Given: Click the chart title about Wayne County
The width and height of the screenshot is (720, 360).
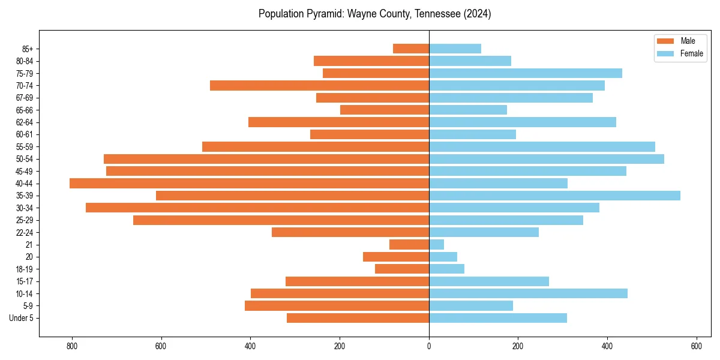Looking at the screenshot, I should pyautogui.click(x=374, y=14).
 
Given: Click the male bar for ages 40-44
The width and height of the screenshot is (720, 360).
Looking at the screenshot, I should pyautogui.click(x=249, y=184).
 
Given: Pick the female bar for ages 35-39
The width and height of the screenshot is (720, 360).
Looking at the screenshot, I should pyautogui.click(x=554, y=196).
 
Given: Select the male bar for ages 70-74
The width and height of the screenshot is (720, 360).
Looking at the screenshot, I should pyautogui.click(x=319, y=86).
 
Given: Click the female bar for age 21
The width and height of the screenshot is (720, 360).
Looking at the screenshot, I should pyautogui.click(x=436, y=245).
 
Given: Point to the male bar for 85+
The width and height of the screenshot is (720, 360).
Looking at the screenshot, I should pyautogui.click(x=411, y=49).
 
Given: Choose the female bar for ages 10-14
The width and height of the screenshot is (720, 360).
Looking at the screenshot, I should pyautogui.click(x=528, y=293).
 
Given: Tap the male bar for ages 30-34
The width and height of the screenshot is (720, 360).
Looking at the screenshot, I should pyautogui.click(x=257, y=208).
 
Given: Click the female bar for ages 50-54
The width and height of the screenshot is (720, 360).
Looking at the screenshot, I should pyautogui.click(x=547, y=159).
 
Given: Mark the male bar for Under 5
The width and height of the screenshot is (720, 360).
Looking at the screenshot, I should pyautogui.click(x=358, y=318).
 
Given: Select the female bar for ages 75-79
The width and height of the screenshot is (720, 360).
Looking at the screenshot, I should pyautogui.click(x=526, y=73).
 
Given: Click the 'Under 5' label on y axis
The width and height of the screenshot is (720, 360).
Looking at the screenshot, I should pyautogui.click(x=21, y=318).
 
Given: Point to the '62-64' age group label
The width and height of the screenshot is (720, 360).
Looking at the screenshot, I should pyautogui.click(x=25, y=122).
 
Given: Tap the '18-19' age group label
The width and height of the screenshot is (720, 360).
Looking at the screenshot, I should pyautogui.click(x=25, y=269).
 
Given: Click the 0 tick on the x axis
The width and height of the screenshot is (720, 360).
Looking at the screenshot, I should pyautogui.click(x=429, y=346).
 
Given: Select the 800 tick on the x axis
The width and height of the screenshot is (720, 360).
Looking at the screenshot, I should pyautogui.click(x=72, y=346).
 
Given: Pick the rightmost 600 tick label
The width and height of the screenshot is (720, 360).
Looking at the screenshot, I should pyautogui.click(x=696, y=346).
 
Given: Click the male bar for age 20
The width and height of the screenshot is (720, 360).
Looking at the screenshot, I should pyautogui.click(x=396, y=257).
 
